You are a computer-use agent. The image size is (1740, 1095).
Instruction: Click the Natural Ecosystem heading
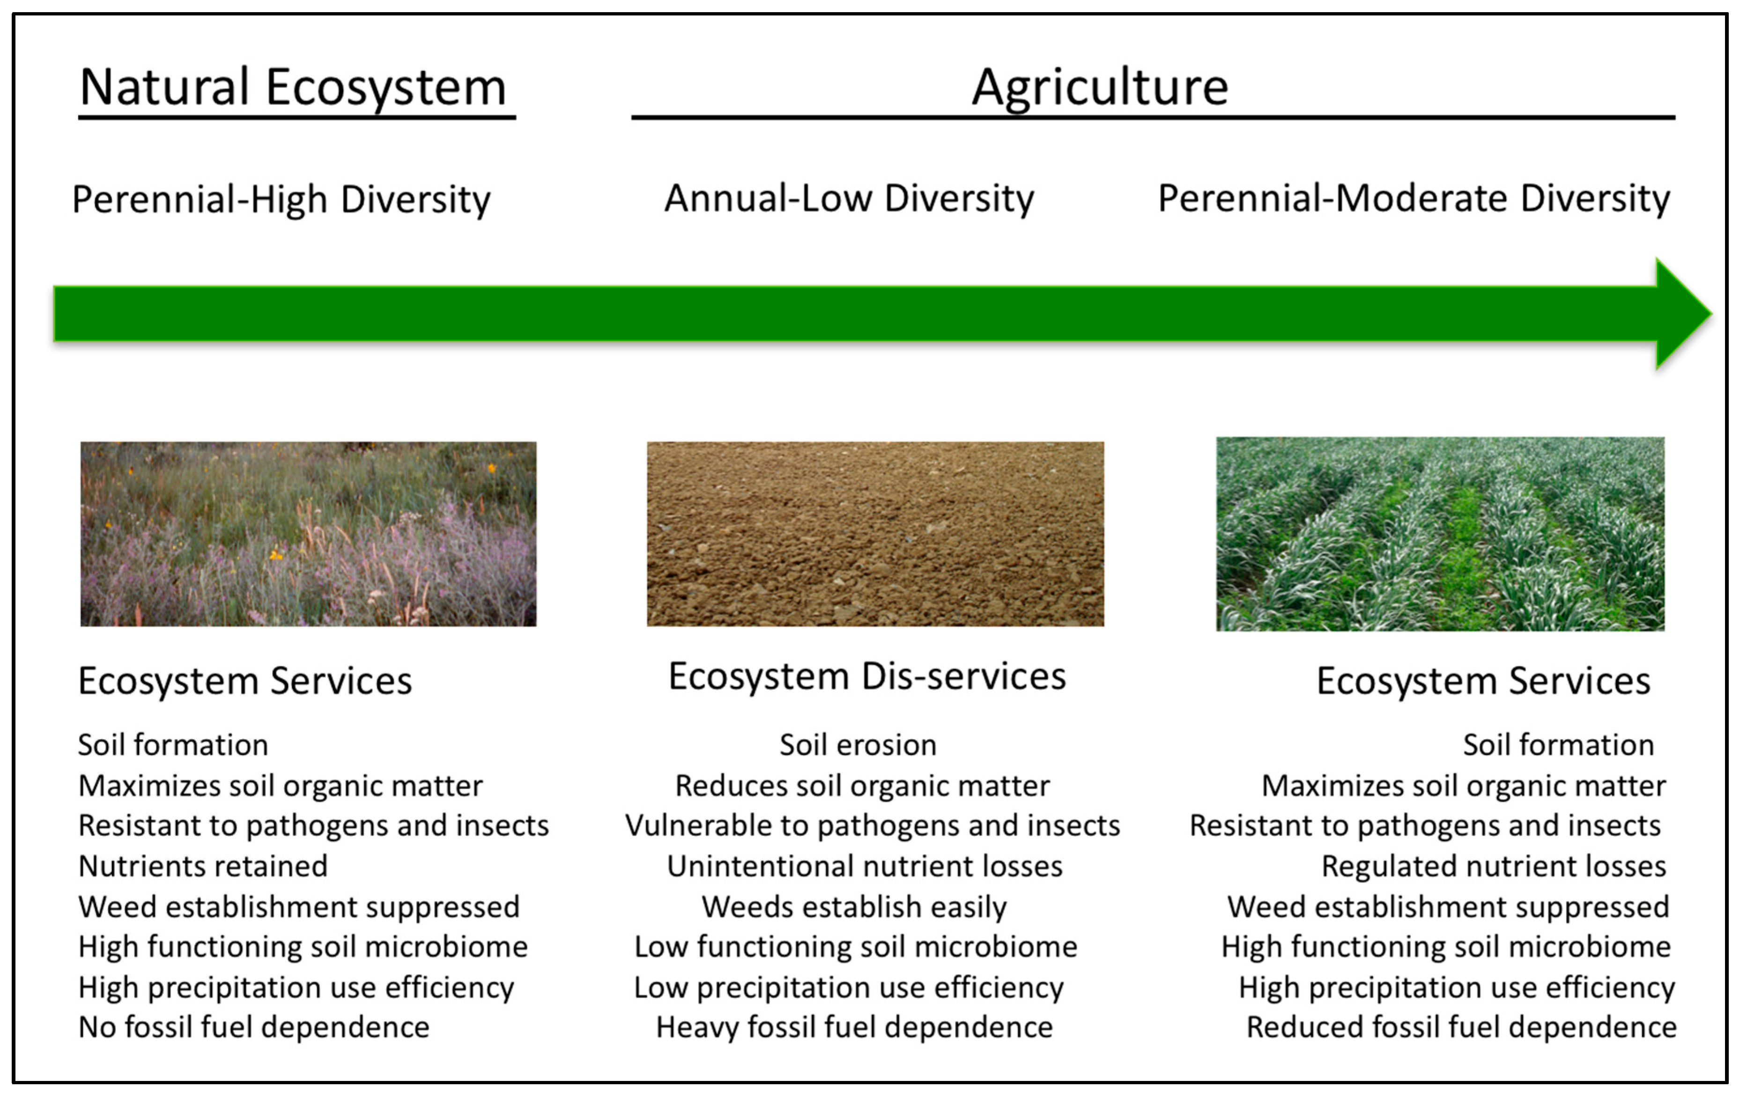point(293,88)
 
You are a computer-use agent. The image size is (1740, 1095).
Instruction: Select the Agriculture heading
point(1099,88)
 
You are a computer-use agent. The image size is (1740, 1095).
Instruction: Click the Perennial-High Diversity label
point(281,200)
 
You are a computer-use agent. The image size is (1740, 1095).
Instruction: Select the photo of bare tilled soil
point(875,534)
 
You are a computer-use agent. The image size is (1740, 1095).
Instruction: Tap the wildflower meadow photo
point(309,534)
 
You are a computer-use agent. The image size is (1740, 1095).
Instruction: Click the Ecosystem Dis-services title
point(866,677)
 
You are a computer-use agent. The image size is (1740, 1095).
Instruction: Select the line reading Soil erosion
point(858,745)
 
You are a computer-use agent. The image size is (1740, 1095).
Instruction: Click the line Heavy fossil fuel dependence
point(854,1027)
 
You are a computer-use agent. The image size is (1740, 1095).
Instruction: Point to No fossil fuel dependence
point(254,1027)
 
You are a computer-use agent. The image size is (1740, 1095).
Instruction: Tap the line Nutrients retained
point(203,866)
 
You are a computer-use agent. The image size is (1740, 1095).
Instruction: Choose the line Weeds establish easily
point(854,906)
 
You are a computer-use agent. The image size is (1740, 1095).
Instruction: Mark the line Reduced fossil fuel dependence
point(1461,1027)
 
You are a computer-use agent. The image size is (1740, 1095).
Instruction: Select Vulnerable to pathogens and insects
point(872,826)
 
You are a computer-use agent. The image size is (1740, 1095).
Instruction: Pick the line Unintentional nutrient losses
point(864,866)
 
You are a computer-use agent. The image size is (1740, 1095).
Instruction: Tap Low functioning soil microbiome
point(856,947)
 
